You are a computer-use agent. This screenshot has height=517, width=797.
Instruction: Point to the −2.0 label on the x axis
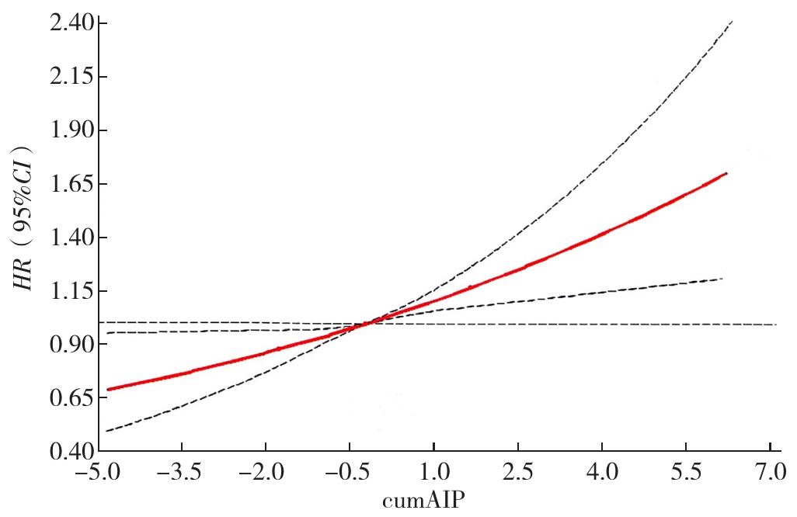(265, 471)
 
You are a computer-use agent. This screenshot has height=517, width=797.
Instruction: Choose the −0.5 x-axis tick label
(349, 471)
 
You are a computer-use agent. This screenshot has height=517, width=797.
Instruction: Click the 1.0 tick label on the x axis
(433, 471)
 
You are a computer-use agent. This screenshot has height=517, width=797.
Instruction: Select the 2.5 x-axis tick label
(517, 471)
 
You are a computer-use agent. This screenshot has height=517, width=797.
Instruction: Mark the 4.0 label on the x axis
(601, 471)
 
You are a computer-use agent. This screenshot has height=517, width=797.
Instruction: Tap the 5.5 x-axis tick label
(685, 471)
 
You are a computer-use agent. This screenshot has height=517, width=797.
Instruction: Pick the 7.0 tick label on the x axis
(769, 471)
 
